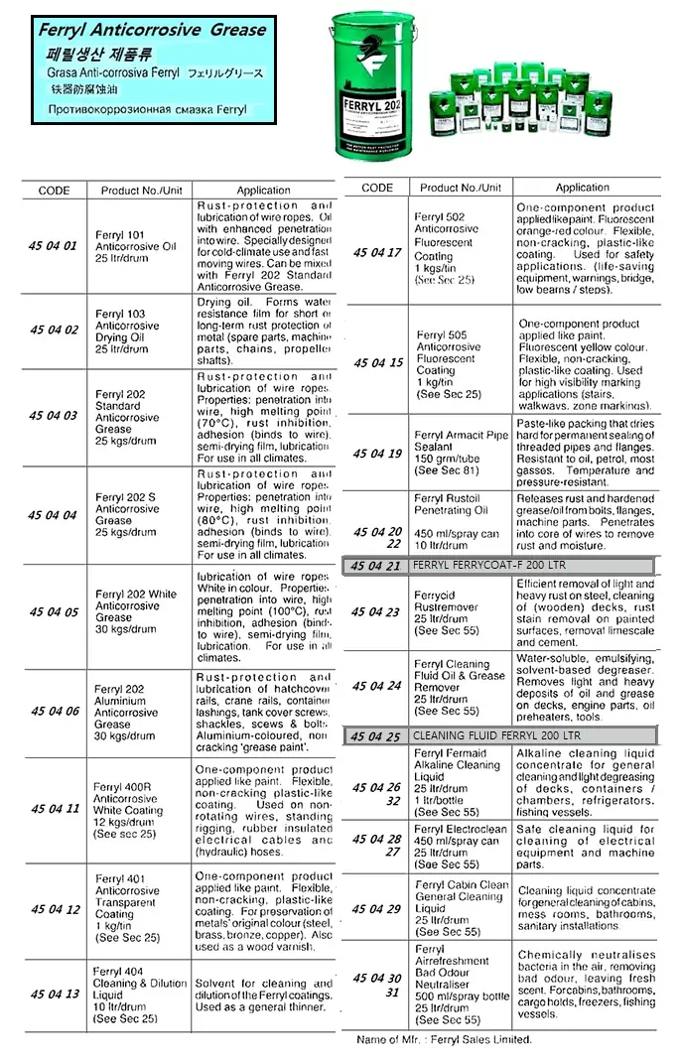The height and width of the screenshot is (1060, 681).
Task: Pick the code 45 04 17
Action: (x=377, y=252)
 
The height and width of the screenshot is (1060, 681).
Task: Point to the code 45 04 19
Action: (x=377, y=454)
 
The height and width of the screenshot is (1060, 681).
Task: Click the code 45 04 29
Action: (x=377, y=908)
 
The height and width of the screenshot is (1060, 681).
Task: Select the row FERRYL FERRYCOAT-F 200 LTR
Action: (x=499, y=566)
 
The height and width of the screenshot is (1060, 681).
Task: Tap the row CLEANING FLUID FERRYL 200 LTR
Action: (x=499, y=735)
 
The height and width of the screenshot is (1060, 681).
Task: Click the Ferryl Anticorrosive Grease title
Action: (x=152, y=31)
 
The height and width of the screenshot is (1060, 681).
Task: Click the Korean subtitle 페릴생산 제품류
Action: (x=94, y=54)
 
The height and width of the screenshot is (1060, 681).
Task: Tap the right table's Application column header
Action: (x=583, y=187)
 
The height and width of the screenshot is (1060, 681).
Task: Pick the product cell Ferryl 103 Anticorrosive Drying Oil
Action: (x=127, y=331)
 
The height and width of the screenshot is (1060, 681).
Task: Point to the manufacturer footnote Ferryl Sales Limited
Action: (x=444, y=1039)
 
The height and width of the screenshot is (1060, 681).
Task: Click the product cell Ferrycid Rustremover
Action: (x=447, y=612)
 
